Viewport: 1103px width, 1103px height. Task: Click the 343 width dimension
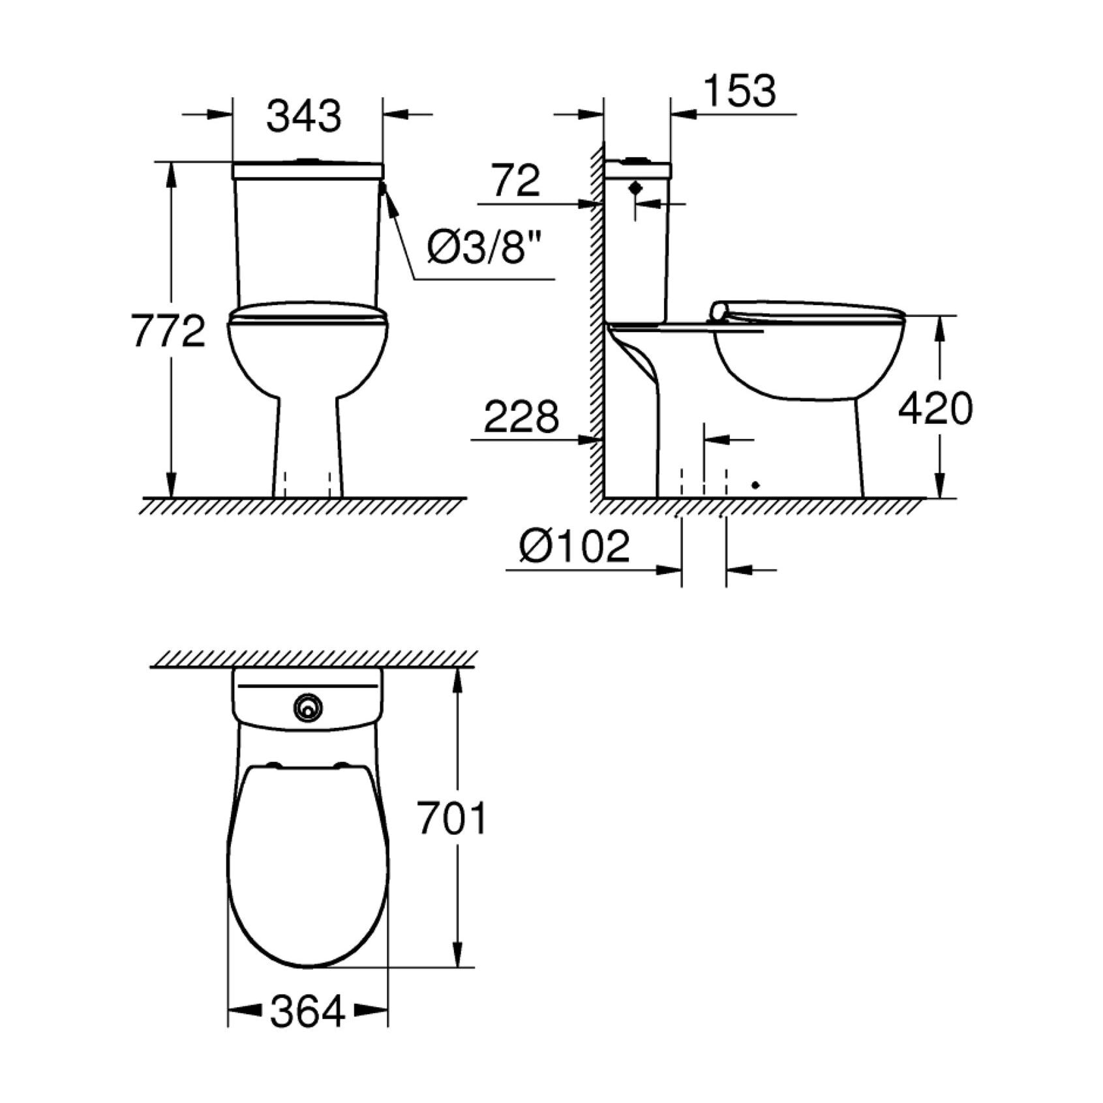[304, 117]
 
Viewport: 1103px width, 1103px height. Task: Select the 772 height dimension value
[168, 331]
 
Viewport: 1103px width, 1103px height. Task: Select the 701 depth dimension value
[452, 819]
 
